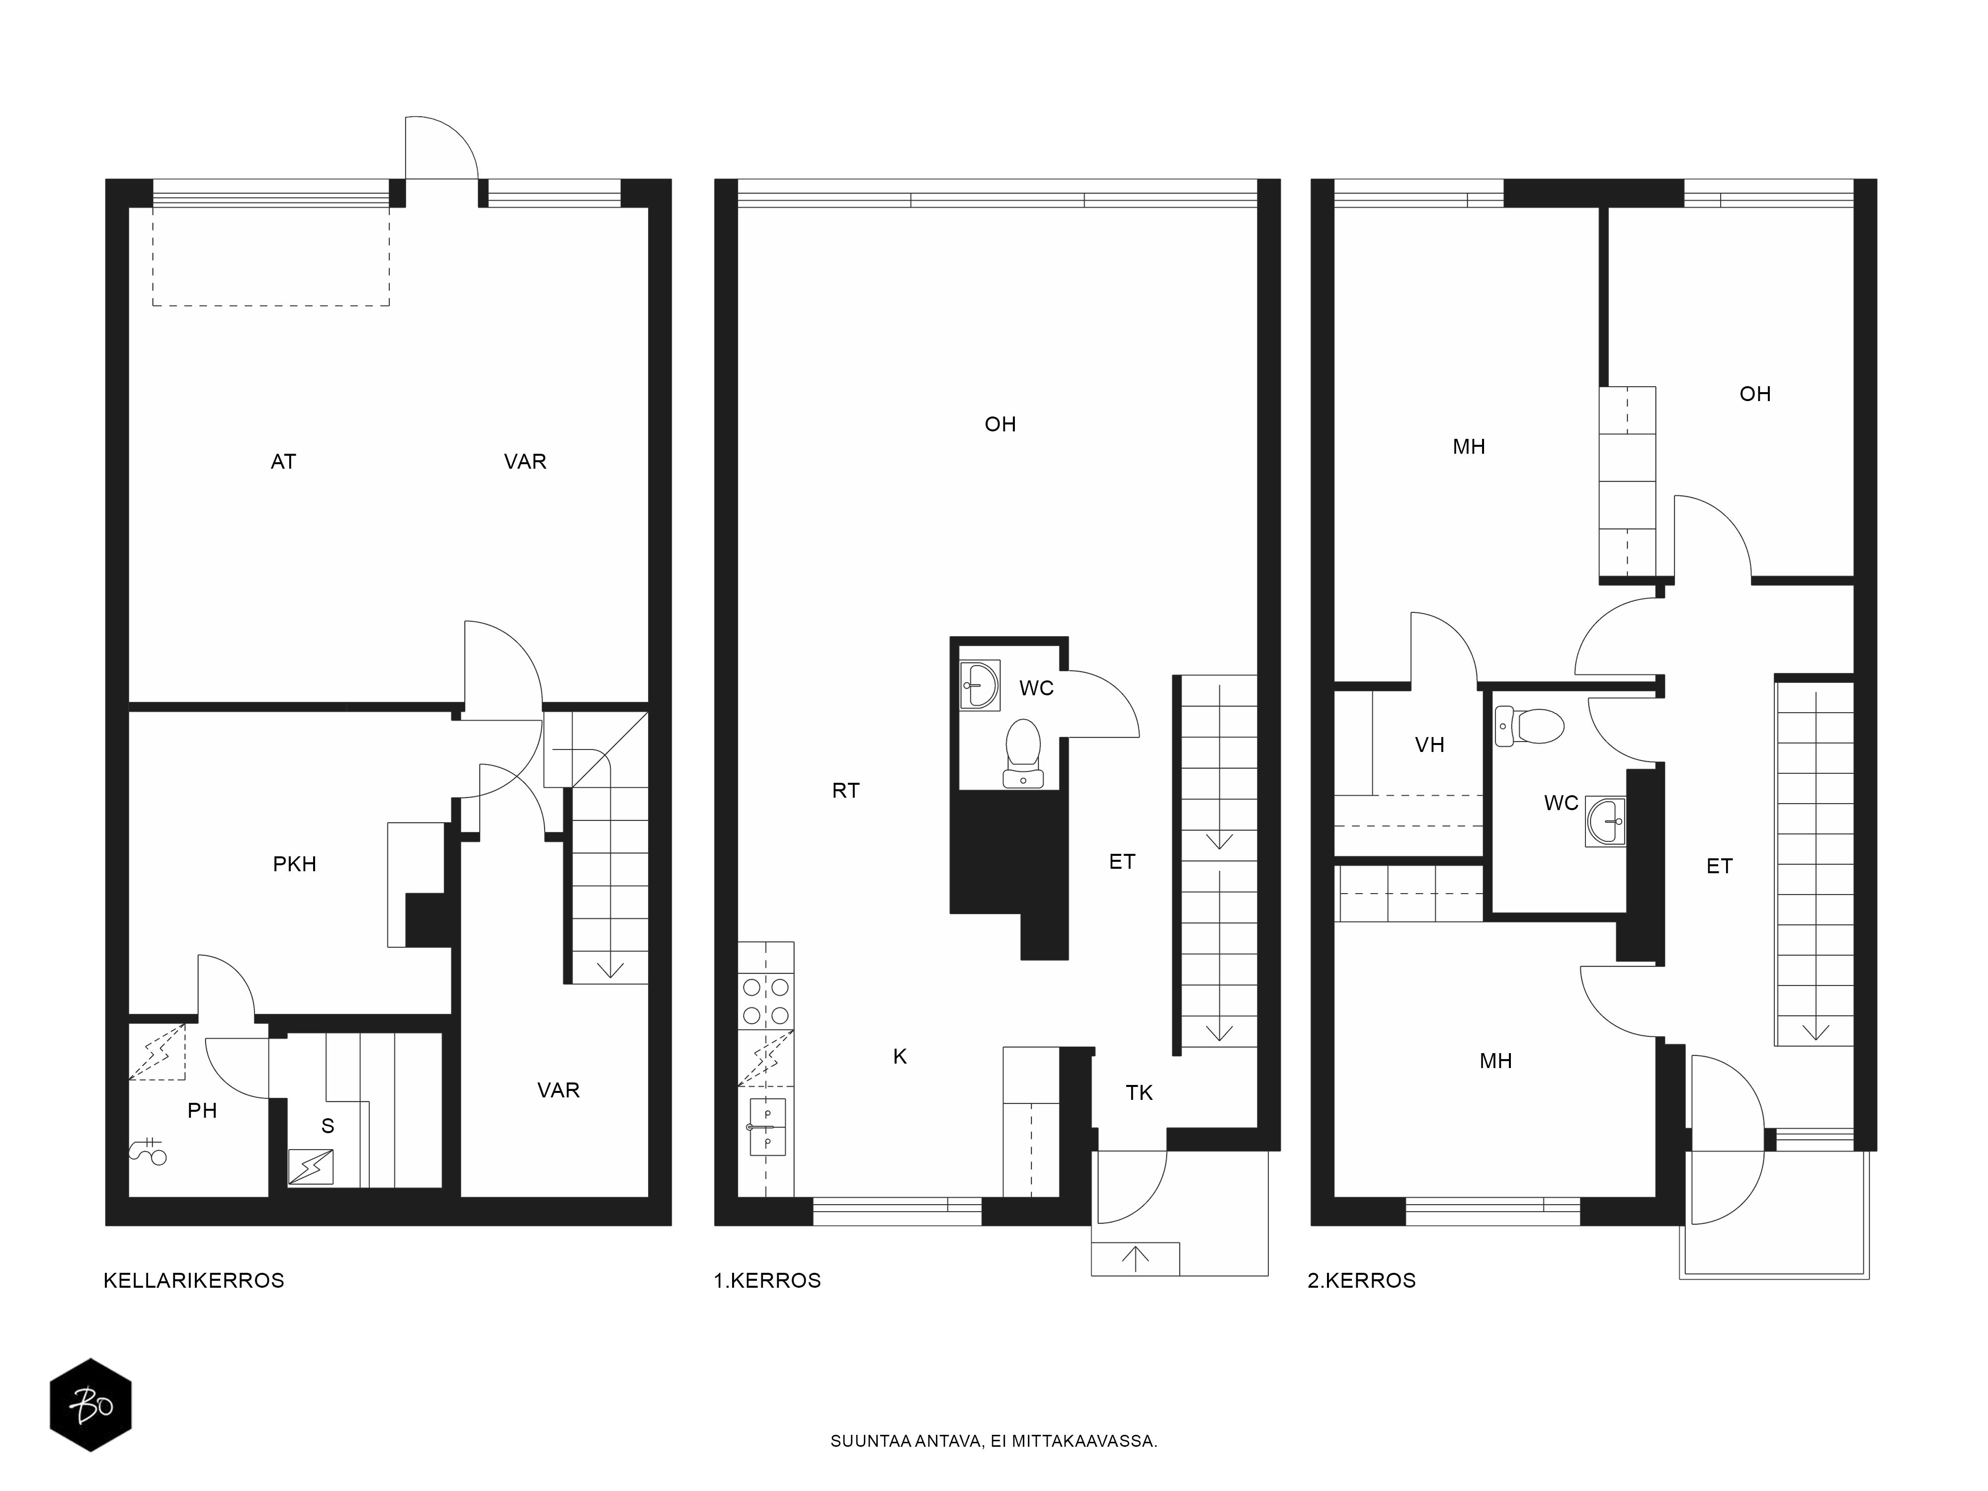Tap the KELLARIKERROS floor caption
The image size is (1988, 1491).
point(194,1281)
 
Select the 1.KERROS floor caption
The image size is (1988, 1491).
point(767,1281)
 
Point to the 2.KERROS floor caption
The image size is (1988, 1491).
point(1362,1281)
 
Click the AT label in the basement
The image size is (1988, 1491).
point(283,462)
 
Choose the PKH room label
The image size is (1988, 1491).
point(295,865)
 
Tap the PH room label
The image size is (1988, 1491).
point(202,1111)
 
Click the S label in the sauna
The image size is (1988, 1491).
point(328,1126)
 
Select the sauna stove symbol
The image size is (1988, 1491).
point(310,1167)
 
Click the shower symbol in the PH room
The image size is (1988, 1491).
point(148,1151)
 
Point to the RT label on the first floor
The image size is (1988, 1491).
point(846,791)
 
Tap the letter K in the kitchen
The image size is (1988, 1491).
point(900,1057)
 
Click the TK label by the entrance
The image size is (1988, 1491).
point(1140,1093)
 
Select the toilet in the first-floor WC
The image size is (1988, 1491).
point(1024,753)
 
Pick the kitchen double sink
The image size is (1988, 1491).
point(766,1127)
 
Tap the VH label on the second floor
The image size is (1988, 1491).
point(1430,745)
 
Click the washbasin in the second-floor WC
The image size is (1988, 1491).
point(1605,821)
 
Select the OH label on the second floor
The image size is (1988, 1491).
point(1755,394)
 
